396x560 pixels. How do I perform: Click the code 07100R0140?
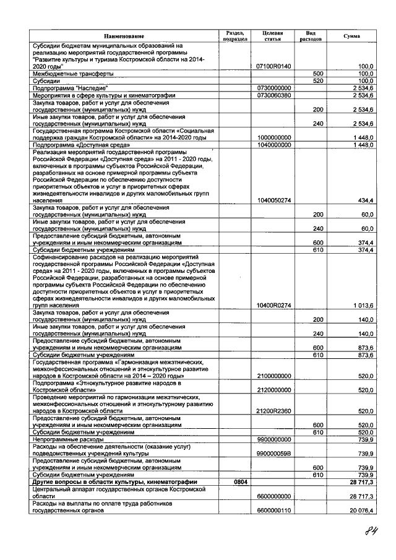tap(273, 66)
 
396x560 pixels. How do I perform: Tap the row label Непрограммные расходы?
tap(69, 439)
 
